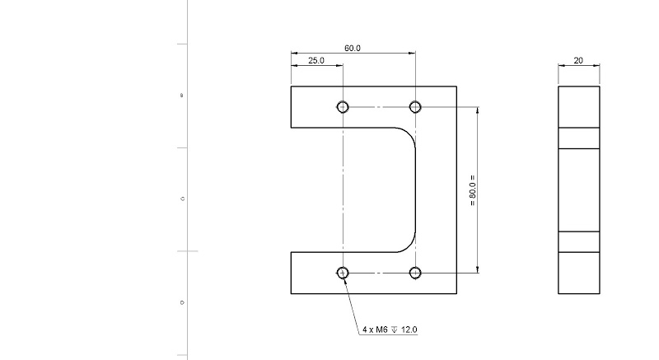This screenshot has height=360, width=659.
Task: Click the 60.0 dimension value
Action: pos(352,49)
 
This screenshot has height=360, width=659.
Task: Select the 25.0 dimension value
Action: pos(316,61)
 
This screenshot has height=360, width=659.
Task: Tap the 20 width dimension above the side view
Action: pos(578,60)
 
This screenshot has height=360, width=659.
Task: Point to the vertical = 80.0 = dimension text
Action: pos(472,189)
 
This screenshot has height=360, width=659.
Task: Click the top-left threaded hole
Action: pos(343,106)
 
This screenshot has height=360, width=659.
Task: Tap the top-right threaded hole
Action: pos(415,106)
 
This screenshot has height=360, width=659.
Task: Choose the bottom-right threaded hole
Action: pos(415,273)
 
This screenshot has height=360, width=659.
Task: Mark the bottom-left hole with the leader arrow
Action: pos(343,273)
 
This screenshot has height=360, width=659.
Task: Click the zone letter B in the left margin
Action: pos(182,96)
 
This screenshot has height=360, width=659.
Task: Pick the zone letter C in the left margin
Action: pos(182,199)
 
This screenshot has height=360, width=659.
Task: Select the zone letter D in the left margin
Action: pos(182,302)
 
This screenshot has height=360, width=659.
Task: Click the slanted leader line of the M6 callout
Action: pos(352,303)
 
